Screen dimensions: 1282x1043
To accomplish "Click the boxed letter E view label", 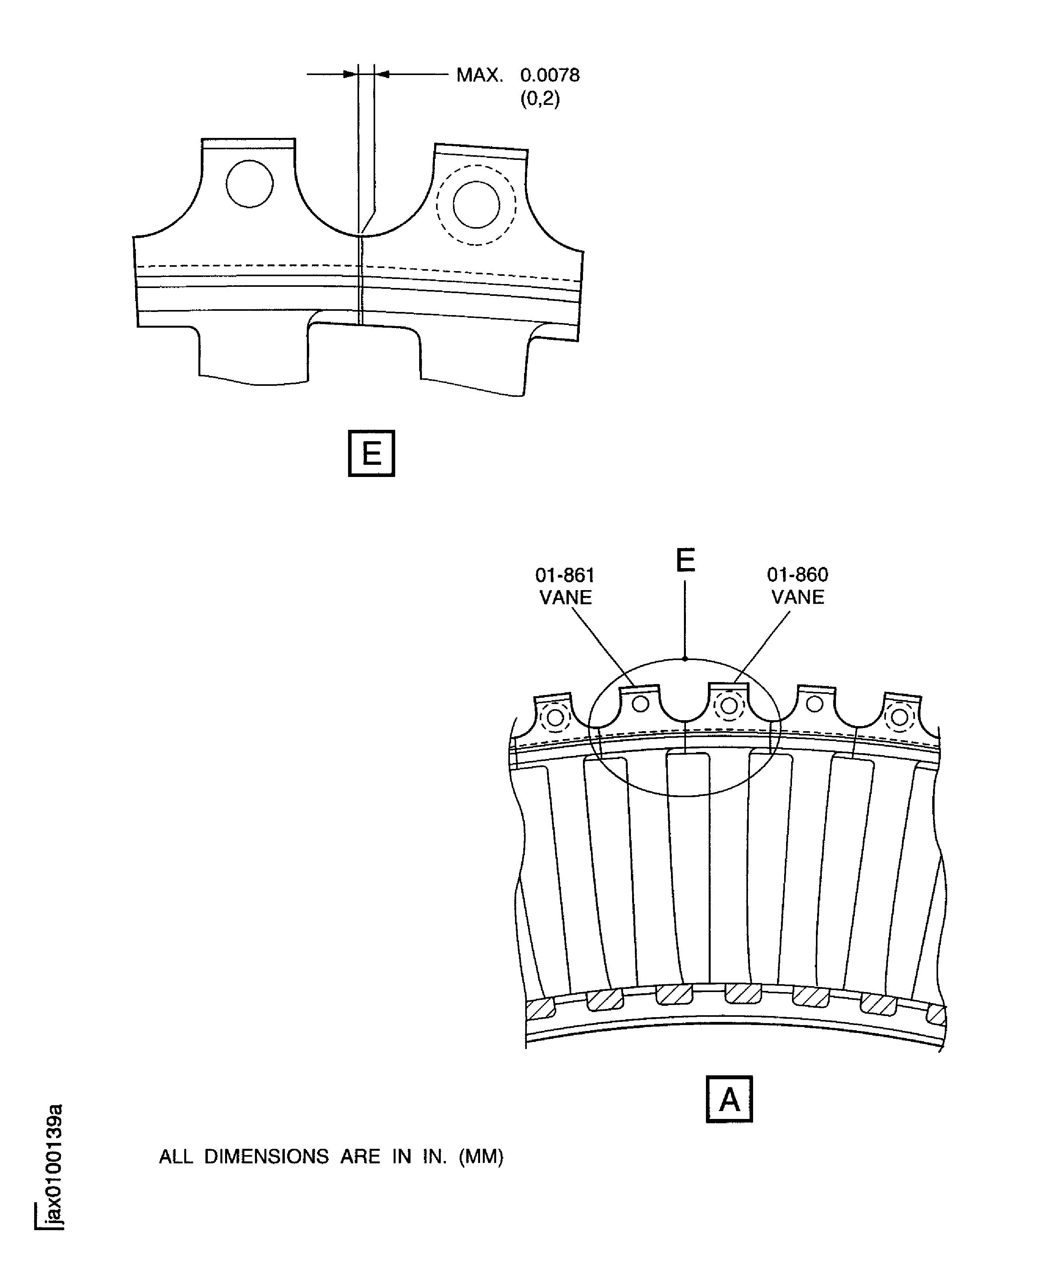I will pyautogui.click(x=371, y=453).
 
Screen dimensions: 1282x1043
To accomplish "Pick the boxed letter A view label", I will pyautogui.click(x=729, y=1099).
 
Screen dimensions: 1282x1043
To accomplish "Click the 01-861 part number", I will pyautogui.click(x=565, y=576).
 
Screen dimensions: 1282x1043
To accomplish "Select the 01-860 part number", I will pyautogui.click(x=797, y=575).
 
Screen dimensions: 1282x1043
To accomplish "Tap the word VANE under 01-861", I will pyautogui.click(x=565, y=598).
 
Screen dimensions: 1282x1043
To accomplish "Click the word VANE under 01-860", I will pyautogui.click(x=797, y=597).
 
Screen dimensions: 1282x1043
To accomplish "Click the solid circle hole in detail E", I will pyautogui.click(x=249, y=184).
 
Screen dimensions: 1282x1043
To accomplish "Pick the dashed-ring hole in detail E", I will pyautogui.click(x=476, y=205).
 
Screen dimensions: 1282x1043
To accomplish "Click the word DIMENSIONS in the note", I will pyautogui.click(x=266, y=1156).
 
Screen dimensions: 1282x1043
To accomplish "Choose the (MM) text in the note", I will pyautogui.click(x=481, y=1156).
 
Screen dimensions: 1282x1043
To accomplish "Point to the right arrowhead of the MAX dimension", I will pyautogui.click(x=382, y=75).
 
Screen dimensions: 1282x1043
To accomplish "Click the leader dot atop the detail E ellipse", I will pyautogui.click(x=685, y=659).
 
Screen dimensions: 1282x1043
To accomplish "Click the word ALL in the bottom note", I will pyautogui.click(x=176, y=1156).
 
